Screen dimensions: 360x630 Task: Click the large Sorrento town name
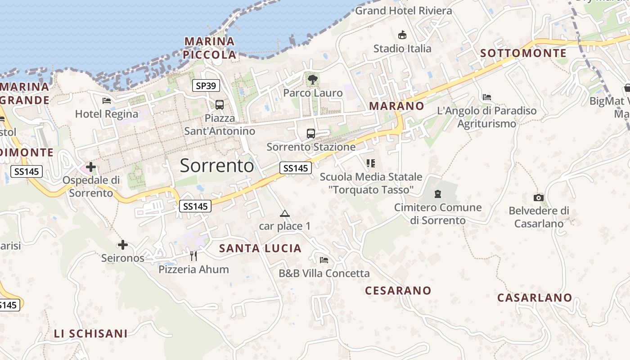[217, 166]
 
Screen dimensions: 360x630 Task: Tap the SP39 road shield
[206, 85]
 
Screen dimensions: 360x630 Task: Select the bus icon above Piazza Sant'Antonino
[220, 105]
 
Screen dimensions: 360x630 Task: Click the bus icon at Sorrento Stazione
[311, 134]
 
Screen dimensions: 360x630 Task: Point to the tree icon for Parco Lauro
[312, 80]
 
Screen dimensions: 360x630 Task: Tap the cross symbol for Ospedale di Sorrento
[91, 167]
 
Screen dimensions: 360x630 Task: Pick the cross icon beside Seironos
[123, 245]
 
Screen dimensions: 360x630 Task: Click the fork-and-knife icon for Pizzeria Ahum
[193, 256]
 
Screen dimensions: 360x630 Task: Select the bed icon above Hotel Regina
[107, 100]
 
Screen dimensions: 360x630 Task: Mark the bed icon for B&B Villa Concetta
[324, 260]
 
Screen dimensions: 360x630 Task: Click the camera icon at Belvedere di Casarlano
[539, 198]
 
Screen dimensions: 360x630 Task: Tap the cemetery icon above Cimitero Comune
[437, 194]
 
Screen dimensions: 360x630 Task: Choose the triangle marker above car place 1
[284, 213]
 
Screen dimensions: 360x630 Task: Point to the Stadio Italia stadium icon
[402, 35]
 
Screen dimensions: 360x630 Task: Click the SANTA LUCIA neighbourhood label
[260, 248]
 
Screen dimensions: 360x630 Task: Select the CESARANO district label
[398, 291]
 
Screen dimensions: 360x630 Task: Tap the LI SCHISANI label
[91, 333]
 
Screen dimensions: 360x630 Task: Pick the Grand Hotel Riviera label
[404, 11]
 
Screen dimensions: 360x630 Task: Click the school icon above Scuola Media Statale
[371, 163]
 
